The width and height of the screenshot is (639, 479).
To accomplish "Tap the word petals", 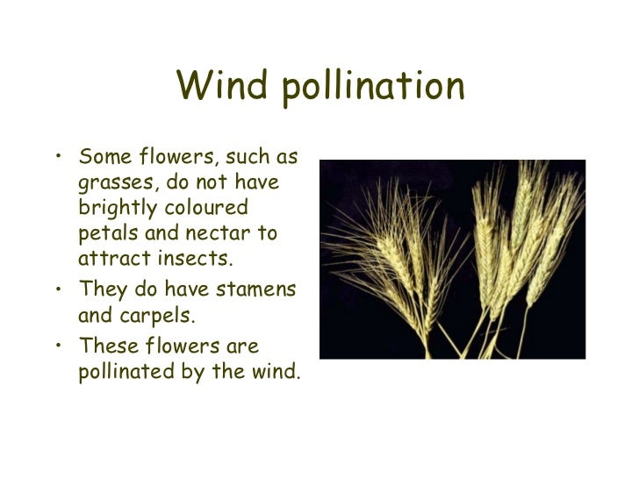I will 104,235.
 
